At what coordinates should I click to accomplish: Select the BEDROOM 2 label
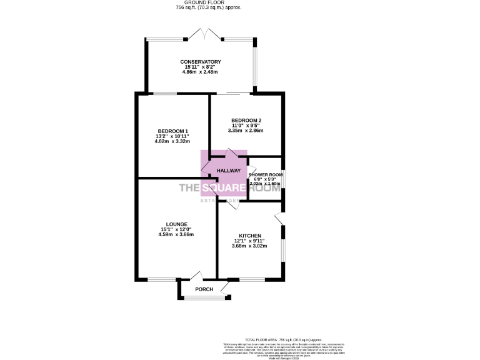[246, 120]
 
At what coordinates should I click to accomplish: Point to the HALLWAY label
[229, 171]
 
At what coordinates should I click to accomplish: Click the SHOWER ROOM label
[266, 174]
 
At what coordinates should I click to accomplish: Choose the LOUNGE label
[177, 224]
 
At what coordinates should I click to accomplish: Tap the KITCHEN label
[250, 236]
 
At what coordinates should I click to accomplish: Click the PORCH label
[204, 289]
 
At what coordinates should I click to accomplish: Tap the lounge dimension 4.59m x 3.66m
[177, 234]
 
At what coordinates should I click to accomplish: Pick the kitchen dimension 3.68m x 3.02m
[250, 246]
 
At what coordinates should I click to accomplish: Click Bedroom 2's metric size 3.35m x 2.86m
[246, 131]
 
